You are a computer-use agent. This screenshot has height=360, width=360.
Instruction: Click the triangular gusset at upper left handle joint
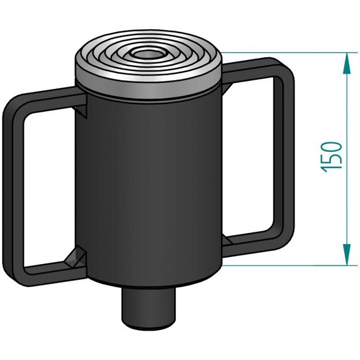[82, 111]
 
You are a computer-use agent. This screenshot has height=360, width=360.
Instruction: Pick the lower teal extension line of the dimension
[286, 265]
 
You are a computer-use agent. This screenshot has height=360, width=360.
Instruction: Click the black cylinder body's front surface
[149, 183]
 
